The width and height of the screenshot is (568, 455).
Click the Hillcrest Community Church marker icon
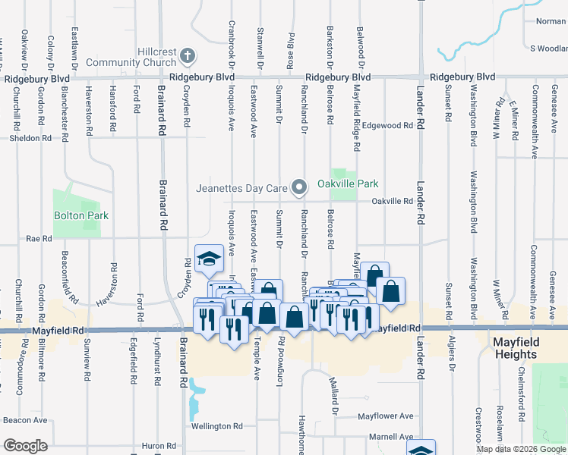click(188, 56)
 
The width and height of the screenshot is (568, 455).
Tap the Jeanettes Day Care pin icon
click(300, 187)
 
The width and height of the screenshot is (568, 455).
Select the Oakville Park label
click(347, 184)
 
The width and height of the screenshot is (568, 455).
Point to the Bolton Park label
click(81, 215)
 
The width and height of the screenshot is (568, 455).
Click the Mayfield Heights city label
click(525, 348)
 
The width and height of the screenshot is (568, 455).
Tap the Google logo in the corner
click(26, 446)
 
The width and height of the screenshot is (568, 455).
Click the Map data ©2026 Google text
click(521, 449)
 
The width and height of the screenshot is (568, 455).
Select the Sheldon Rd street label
click(30, 138)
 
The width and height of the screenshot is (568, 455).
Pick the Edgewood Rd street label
click(387, 125)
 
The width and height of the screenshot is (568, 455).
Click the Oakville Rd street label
click(392, 201)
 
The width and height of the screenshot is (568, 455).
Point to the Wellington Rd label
click(216, 426)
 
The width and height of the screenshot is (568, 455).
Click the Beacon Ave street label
click(25, 420)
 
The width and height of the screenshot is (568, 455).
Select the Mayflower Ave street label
click(386, 416)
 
